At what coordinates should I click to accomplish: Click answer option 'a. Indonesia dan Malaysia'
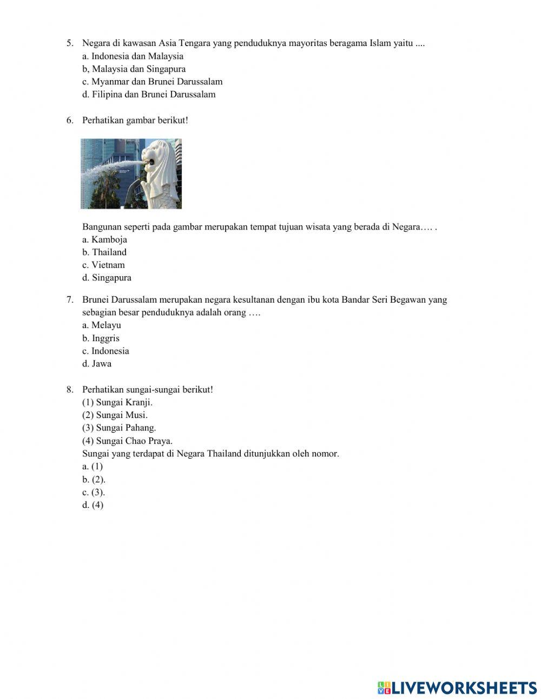click(x=133, y=56)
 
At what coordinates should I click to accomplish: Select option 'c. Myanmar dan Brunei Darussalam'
click(x=152, y=82)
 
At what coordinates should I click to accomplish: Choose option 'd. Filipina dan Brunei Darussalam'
click(x=149, y=95)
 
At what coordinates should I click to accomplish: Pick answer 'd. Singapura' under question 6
click(x=107, y=278)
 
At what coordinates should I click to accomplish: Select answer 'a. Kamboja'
click(x=104, y=239)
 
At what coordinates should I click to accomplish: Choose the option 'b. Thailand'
click(x=104, y=252)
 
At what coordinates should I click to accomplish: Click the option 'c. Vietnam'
click(x=103, y=265)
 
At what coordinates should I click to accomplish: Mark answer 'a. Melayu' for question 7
click(x=102, y=325)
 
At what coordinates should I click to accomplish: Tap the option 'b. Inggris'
click(x=101, y=338)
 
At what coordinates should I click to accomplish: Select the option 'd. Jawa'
click(x=97, y=364)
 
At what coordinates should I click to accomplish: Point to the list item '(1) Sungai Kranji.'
click(x=117, y=402)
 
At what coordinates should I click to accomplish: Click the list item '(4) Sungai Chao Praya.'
click(x=127, y=441)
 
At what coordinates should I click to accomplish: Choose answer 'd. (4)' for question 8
click(x=93, y=505)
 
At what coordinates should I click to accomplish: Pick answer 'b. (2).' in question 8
click(x=94, y=480)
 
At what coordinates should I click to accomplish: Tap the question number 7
click(x=70, y=300)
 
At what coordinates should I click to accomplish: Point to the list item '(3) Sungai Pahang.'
click(x=119, y=428)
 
